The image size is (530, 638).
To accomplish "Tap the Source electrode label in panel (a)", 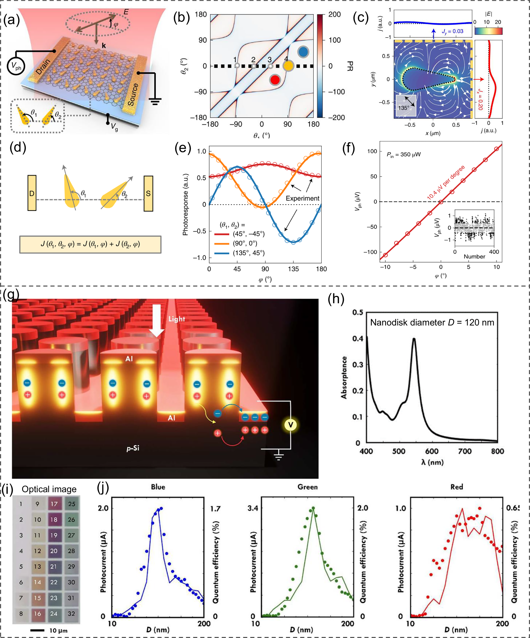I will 133,94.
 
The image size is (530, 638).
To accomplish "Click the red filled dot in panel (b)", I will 275,80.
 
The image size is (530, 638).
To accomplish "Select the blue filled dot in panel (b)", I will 303,52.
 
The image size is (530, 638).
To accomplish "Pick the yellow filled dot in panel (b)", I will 288,66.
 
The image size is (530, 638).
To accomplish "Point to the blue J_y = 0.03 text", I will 452,31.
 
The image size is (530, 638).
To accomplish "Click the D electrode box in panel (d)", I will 32,193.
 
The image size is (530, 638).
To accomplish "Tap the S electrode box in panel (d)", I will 148,193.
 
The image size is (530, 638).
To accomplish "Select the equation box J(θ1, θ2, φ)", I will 90,244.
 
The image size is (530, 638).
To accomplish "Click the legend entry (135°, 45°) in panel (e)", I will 248,253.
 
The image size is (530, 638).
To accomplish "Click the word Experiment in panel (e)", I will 302,198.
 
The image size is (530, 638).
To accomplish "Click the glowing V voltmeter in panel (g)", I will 290,425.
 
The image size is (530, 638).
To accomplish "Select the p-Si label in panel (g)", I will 133,448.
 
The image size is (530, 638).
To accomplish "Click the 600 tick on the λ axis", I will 432,451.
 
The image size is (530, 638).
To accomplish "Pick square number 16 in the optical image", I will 37,613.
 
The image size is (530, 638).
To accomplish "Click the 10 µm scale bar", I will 37,630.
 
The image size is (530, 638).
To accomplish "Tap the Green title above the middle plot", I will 307,487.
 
